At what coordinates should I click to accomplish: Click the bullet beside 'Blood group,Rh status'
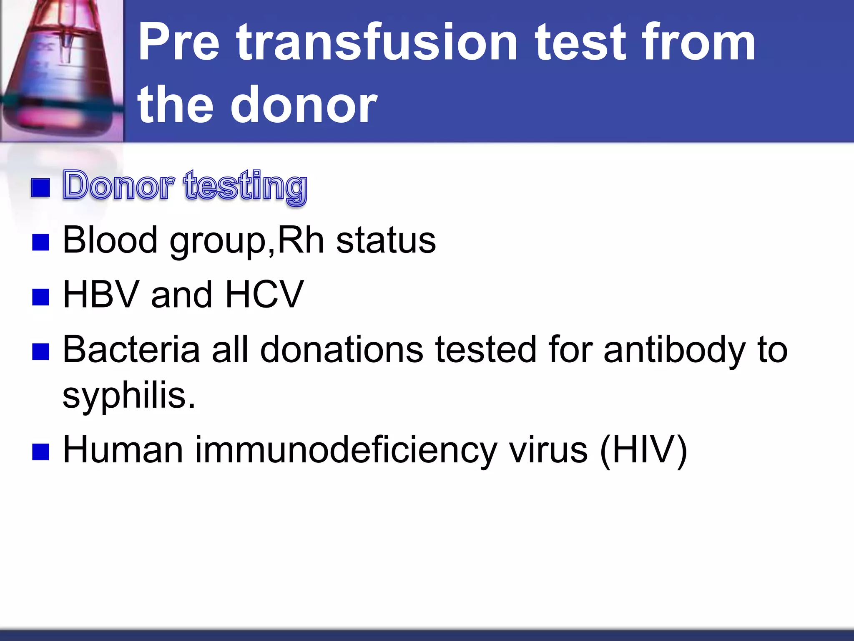click(40, 242)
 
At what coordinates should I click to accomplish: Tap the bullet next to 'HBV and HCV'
click(40, 297)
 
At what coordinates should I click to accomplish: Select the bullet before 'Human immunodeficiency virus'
click(40, 452)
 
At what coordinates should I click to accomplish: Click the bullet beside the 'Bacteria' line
click(40, 351)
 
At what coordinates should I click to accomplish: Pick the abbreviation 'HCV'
click(264, 295)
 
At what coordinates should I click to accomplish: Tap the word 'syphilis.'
click(129, 396)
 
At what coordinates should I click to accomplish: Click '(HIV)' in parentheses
click(643, 450)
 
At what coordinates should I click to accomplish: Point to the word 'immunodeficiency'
click(346, 450)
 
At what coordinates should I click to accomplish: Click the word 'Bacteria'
click(131, 350)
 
